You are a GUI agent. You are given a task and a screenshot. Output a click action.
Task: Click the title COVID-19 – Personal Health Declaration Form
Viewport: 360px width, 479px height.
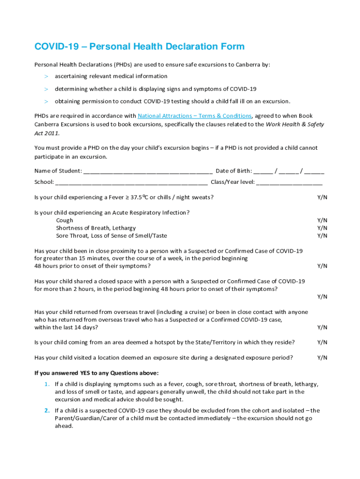[139, 47]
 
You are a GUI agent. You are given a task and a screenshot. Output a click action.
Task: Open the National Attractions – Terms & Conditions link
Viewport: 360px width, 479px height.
[194, 116]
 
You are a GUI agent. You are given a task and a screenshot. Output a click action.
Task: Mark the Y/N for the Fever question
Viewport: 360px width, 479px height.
[322, 197]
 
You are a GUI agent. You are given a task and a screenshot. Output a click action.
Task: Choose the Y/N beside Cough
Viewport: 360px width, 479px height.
[322, 220]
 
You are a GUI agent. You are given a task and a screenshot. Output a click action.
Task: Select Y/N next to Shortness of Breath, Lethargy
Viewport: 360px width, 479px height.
[322, 228]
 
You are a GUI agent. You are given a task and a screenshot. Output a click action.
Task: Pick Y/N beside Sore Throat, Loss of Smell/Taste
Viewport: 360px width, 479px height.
[322, 236]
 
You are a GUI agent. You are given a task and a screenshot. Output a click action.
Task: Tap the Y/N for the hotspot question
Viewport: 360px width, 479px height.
[322, 342]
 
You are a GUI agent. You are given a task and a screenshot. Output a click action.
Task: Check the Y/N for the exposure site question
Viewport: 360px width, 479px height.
[322, 358]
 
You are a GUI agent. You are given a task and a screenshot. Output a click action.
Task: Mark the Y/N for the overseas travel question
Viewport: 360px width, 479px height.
[322, 327]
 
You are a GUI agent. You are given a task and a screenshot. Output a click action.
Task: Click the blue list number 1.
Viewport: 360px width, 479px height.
[47, 384]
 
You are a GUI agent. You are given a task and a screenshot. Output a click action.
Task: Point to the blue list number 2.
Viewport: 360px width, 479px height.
[47, 411]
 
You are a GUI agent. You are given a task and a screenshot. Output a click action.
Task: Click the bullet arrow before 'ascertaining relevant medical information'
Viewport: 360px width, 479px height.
[46, 76]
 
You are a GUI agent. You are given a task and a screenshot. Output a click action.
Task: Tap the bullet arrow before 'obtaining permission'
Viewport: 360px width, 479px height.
[46, 102]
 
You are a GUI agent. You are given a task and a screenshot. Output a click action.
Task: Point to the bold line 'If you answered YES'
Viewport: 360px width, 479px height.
[96, 373]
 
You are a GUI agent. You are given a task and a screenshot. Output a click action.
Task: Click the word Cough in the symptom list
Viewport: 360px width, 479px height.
[65, 220]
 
